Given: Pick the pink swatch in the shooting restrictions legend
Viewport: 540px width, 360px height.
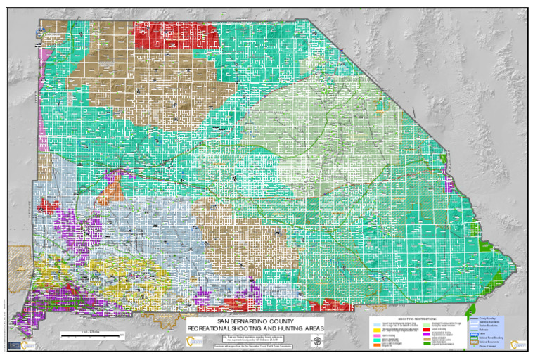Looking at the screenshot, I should [376, 336].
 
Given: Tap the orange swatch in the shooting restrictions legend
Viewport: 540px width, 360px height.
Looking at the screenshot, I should [376, 345].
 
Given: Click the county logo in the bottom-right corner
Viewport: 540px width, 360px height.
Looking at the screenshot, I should [517, 344].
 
